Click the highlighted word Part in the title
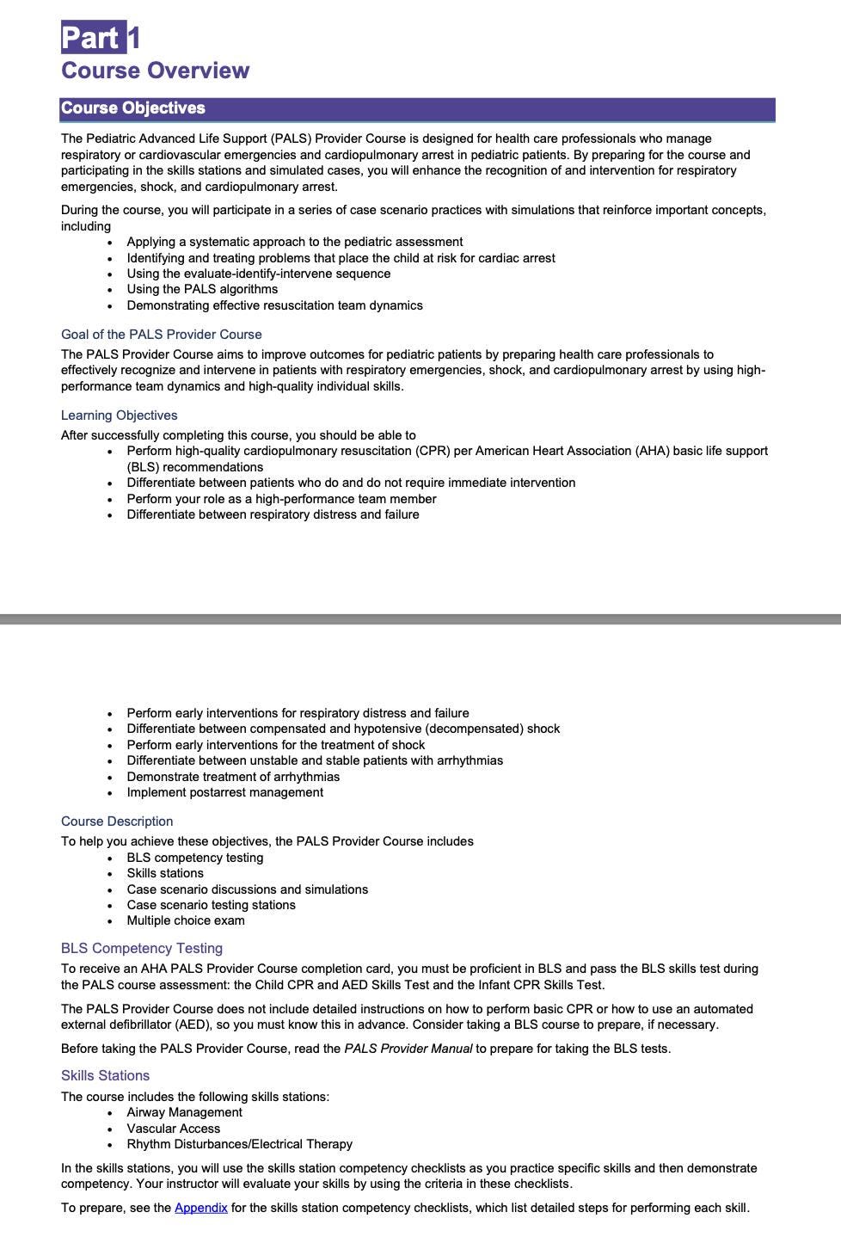click(x=93, y=38)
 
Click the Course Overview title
click(x=155, y=71)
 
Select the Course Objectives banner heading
click(x=133, y=108)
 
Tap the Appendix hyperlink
click(x=201, y=1208)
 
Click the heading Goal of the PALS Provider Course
click(x=162, y=335)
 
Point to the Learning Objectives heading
click(x=120, y=415)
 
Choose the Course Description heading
click(x=117, y=821)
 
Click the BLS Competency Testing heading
click(x=142, y=948)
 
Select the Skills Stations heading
click(x=105, y=1075)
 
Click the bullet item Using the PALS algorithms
click(x=202, y=289)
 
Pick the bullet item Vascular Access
click(x=174, y=1129)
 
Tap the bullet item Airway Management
click(x=185, y=1112)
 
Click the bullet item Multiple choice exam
click(x=186, y=920)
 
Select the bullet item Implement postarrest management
click(x=225, y=792)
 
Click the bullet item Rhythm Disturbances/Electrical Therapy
click(x=240, y=1144)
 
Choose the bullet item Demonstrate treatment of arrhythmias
click(x=233, y=777)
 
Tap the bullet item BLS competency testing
click(x=195, y=858)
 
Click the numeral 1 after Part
click(x=134, y=38)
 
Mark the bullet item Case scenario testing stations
click(x=212, y=905)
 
